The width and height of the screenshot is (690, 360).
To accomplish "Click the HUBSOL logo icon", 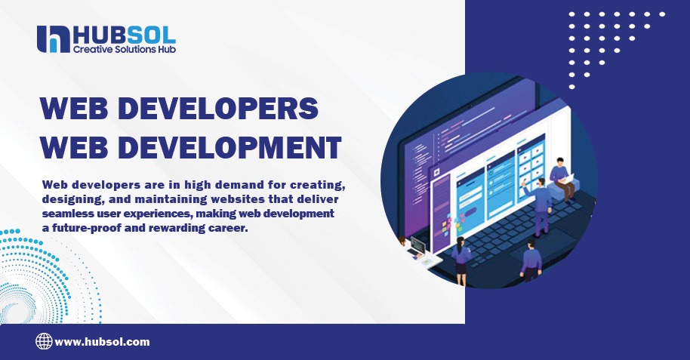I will point(52,38).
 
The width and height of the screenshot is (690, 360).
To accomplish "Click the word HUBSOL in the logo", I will point(124,34).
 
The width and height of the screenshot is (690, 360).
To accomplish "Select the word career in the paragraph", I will point(228,229).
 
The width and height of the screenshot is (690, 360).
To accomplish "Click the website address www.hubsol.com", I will point(103,342).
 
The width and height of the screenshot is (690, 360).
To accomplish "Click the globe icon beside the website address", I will point(44,342).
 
